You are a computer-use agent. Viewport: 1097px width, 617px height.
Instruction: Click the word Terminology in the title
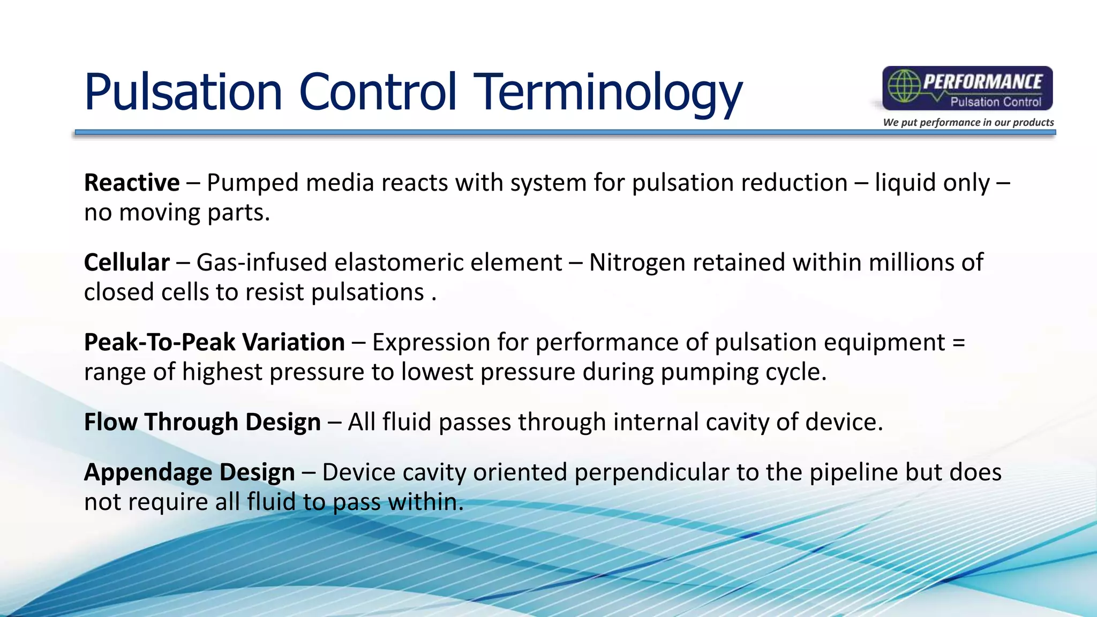pos(607,92)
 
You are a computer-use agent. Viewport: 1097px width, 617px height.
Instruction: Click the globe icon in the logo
pos(904,86)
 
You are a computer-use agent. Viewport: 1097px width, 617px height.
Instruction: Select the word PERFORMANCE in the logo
pos(983,82)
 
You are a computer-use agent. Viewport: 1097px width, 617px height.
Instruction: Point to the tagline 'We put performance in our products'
pos(968,122)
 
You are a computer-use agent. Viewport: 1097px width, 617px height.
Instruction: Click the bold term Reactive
pos(132,183)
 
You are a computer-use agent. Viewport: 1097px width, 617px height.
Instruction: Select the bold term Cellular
pos(127,262)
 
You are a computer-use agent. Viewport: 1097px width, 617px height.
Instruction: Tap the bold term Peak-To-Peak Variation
pos(214,342)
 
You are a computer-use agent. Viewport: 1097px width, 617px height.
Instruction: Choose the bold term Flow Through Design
pos(202,422)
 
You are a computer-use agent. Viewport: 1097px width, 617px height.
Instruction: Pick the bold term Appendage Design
pos(190,472)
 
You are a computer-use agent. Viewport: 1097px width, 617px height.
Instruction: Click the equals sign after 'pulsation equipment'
pos(959,343)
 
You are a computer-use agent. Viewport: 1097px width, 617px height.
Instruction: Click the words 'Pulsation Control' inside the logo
pos(995,102)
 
